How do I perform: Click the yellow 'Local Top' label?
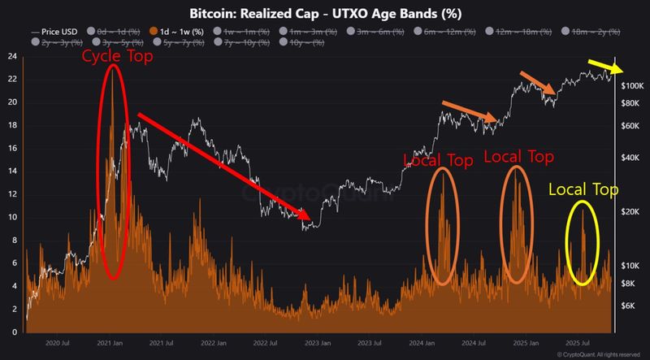click(583, 190)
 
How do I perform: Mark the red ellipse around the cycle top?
click(114, 172)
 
